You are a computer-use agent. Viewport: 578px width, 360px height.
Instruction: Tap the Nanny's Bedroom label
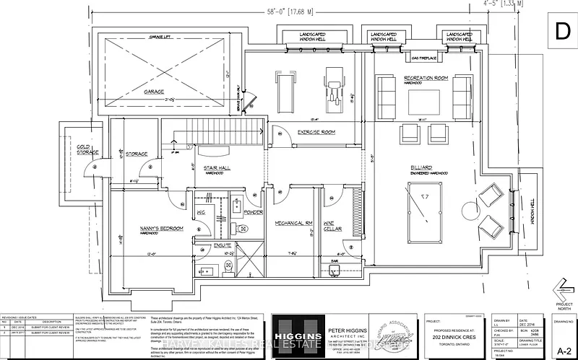click(162, 228)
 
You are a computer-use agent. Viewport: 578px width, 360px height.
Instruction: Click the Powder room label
click(253, 212)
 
